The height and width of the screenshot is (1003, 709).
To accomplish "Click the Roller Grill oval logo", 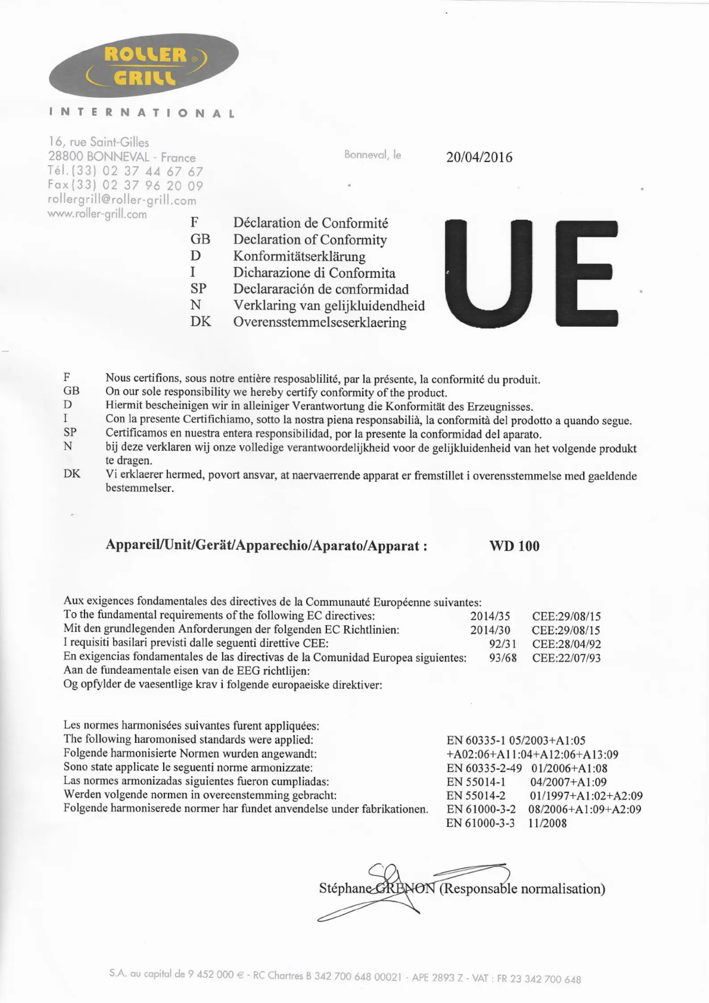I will (144, 66).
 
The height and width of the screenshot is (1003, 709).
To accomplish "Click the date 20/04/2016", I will (479, 157).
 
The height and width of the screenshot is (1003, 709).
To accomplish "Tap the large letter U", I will (489, 273).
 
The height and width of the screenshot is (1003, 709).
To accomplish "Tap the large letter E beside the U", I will (587, 273).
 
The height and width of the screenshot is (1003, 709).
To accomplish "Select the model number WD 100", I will (514, 546).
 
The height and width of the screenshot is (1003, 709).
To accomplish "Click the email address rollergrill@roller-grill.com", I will (122, 200).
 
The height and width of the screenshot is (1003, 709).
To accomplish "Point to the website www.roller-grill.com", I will (97, 214).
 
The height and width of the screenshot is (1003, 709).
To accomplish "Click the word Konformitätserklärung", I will (299, 257).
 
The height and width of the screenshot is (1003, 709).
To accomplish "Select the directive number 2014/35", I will (490, 616).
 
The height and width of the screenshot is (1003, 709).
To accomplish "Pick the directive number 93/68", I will (503, 658).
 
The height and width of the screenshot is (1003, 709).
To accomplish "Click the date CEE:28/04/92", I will (566, 644).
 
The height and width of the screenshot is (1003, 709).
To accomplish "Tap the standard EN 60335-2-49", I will (484, 768).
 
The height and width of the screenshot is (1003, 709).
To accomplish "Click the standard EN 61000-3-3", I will (480, 823).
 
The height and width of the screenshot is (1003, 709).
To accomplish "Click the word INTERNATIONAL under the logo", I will (142, 113).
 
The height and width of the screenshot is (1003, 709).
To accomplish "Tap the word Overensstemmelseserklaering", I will (319, 322).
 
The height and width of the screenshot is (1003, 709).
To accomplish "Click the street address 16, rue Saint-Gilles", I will (99, 142).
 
